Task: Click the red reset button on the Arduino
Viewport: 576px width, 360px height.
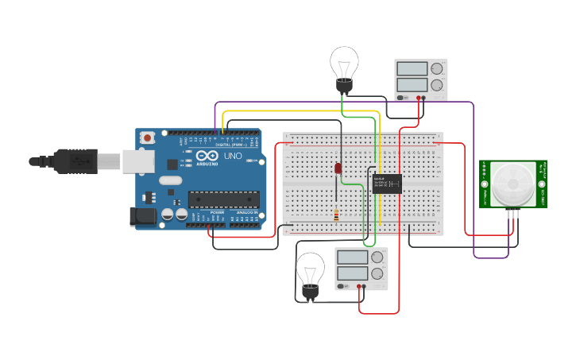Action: click(148, 137)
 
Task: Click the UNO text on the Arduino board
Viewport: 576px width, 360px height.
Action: click(234, 156)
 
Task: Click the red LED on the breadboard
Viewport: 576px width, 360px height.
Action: click(338, 168)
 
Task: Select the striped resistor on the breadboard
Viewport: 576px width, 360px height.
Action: click(338, 215)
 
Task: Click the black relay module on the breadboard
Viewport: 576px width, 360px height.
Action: click(386, 184)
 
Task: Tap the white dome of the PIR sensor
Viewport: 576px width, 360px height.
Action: click(512, 184)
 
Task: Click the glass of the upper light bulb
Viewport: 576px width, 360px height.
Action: click(344, 61)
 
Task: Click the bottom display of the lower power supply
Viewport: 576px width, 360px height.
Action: click(352, 273)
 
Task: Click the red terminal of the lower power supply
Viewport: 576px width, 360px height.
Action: click(361, 286)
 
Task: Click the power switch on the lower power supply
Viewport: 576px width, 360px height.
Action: click(342, 286)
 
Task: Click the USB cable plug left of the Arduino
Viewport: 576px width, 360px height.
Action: click(75, 161)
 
